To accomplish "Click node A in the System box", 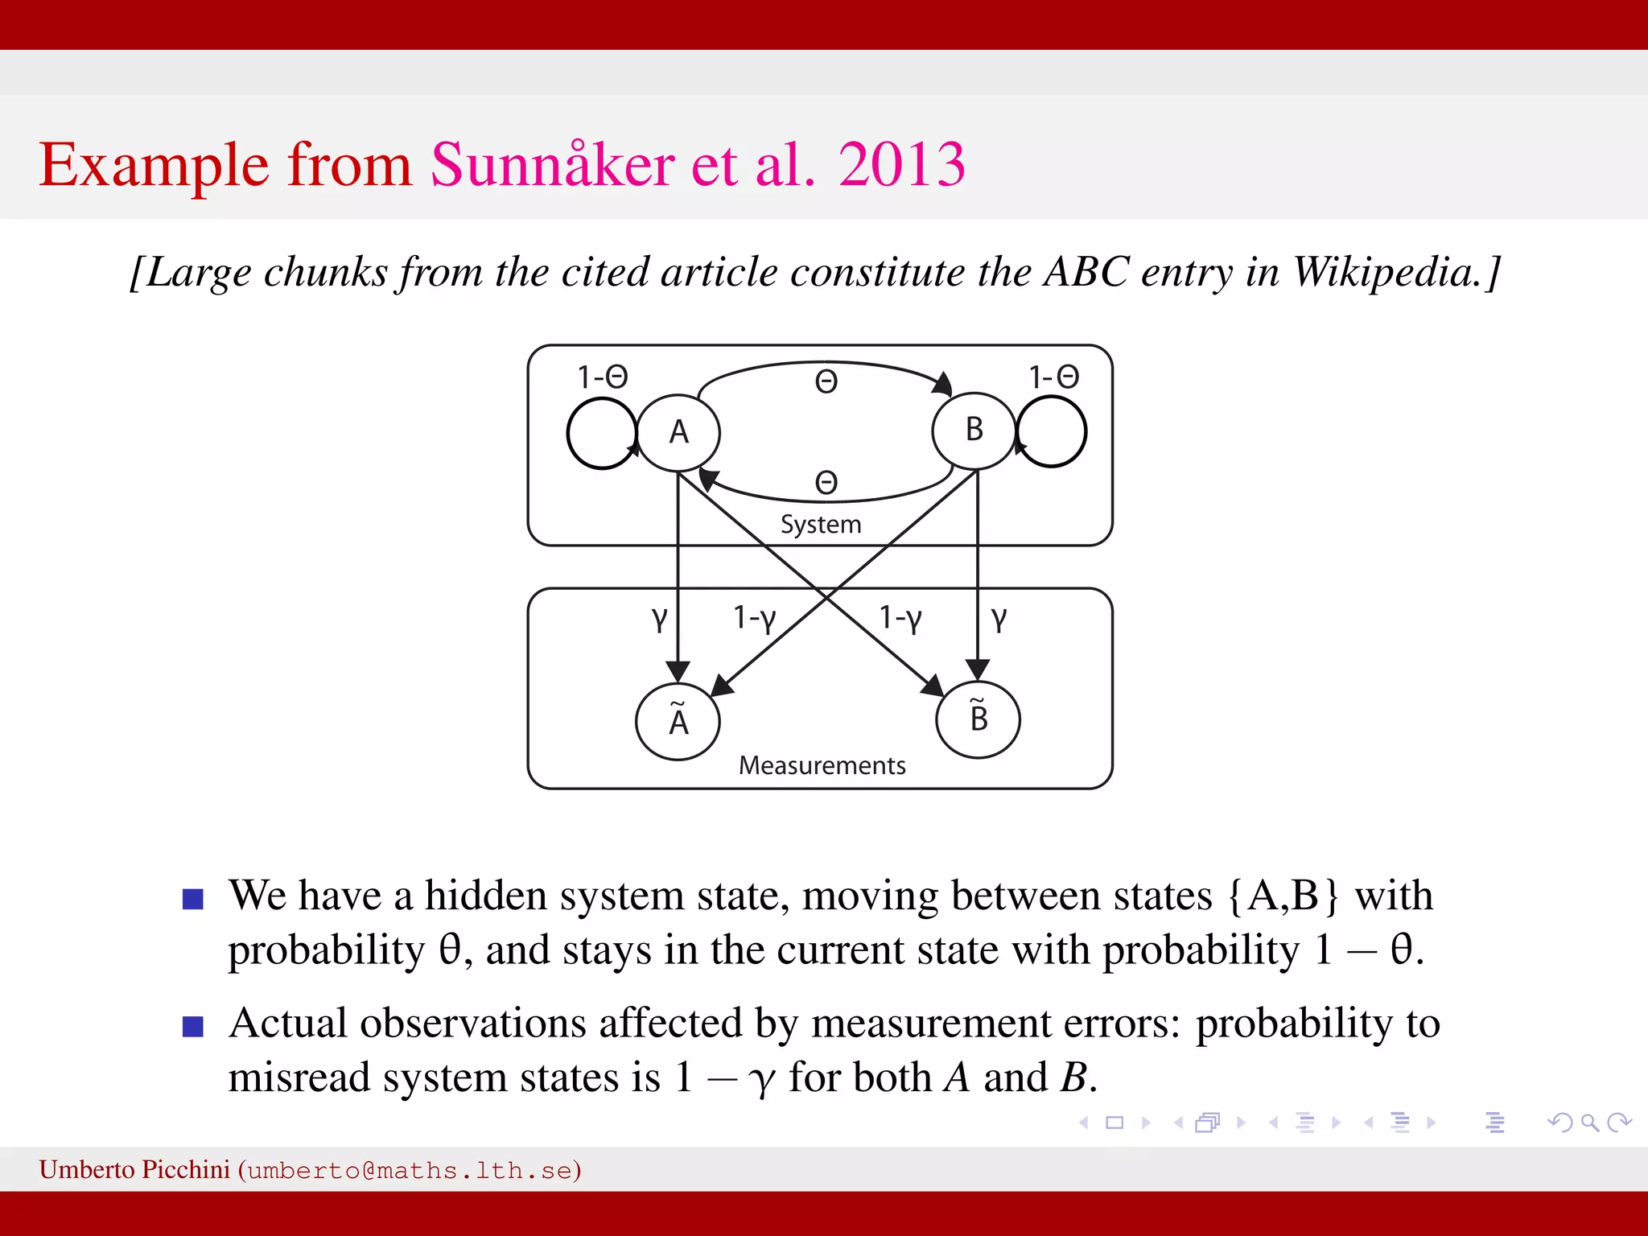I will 678,433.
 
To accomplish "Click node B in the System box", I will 974,431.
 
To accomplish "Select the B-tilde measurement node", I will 978,719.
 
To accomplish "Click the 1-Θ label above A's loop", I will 602,377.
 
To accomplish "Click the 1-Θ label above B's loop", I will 1053,377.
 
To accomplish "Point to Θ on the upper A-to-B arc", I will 826,381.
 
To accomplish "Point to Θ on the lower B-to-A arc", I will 826,482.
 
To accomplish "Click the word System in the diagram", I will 820,525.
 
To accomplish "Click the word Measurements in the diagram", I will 822,765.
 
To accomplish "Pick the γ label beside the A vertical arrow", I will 659,618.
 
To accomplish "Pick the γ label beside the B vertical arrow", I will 999,618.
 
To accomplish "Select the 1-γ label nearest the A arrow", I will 754,618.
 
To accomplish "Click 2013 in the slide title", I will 901,165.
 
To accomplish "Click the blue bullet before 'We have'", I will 193,899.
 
